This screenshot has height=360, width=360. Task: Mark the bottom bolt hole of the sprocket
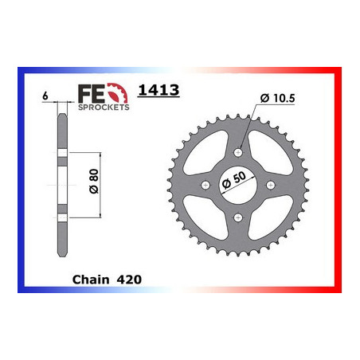(x=237, y=217)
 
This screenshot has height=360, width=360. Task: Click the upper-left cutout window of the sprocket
(x=209, y=156)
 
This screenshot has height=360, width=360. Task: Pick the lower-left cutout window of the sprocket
(x=209, y=213)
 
